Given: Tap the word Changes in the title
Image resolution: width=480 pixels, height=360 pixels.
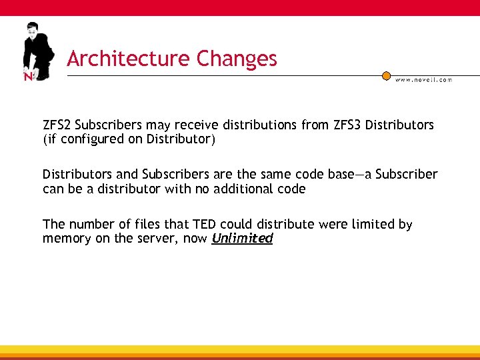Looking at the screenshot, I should point(237,59).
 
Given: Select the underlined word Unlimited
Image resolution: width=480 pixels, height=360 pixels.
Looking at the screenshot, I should point(242,238).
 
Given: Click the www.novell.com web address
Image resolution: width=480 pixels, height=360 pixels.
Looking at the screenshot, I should point(423,79).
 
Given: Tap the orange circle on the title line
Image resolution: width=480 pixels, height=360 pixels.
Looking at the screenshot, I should point(386,75).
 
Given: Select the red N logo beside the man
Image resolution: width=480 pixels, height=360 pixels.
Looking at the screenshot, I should point(28,76).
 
